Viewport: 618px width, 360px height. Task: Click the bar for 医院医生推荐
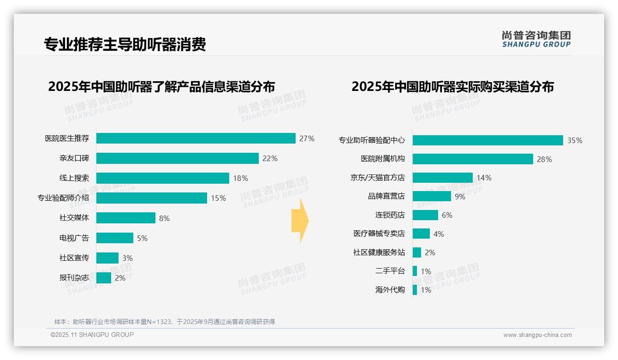point(196,138)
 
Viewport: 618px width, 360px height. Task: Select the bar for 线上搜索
point(162,178)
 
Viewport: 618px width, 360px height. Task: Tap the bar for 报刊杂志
point(104,278)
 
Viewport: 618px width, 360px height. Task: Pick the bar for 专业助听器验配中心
point(487,140)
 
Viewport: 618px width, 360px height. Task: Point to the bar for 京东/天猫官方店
point(442,178)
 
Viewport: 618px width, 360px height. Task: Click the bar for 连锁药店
point(425,215)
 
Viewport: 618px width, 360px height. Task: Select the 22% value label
point(270,159)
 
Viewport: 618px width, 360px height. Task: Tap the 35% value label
point(575,141)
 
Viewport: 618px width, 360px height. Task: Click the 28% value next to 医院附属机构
point(544,160)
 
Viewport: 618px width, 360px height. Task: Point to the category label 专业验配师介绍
point(63,198)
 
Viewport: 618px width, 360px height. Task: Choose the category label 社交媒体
point(74,218)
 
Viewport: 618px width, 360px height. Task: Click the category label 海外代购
point(390,290)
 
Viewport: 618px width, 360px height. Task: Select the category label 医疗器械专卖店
point(379,234)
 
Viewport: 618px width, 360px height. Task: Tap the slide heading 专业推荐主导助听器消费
point(125,44)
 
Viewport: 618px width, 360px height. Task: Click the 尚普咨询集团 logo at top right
point(536,39)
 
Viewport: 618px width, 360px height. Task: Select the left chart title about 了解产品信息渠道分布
point(161,87)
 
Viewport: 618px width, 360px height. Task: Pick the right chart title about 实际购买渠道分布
point(452,87)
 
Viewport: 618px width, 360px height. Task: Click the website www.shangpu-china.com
point(537,335)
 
